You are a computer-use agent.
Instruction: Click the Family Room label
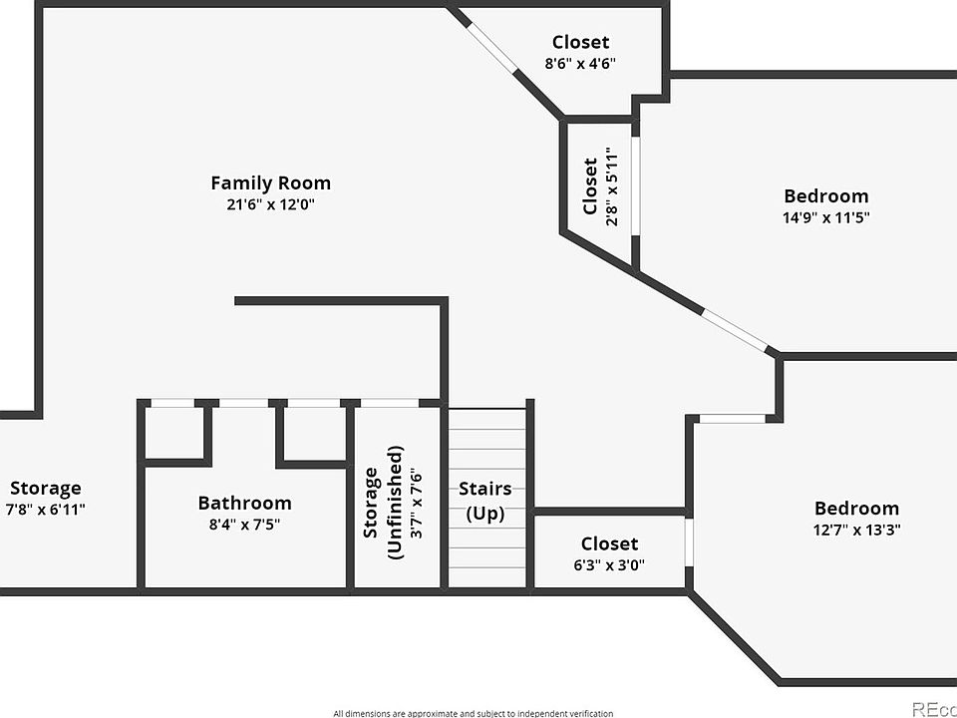coord(270,182)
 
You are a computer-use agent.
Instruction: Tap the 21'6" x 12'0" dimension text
coord(270,203)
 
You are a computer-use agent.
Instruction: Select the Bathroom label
coord(245,503)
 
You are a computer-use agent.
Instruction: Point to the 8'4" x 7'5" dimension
coord(245,524)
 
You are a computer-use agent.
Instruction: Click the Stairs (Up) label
coord(485,501)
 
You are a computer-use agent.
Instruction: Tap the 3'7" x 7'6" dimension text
coord(417,503)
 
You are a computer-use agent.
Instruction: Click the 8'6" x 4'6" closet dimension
coord(580,63)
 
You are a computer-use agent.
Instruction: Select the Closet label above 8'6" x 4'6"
coord(580,42)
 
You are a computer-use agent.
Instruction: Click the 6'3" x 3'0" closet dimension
coord(609,564)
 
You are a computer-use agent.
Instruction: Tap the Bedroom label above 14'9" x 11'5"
coord(825,195)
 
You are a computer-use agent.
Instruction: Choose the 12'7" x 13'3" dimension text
coord(857,530)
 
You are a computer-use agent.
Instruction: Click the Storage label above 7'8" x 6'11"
coord(45,488)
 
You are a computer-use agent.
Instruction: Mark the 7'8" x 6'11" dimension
coord(45,510)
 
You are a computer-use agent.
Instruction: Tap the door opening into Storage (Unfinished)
coord(390,403)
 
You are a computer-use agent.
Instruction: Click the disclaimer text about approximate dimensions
coord(473,713)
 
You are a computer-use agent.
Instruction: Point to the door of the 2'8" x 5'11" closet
coord(635,185)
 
